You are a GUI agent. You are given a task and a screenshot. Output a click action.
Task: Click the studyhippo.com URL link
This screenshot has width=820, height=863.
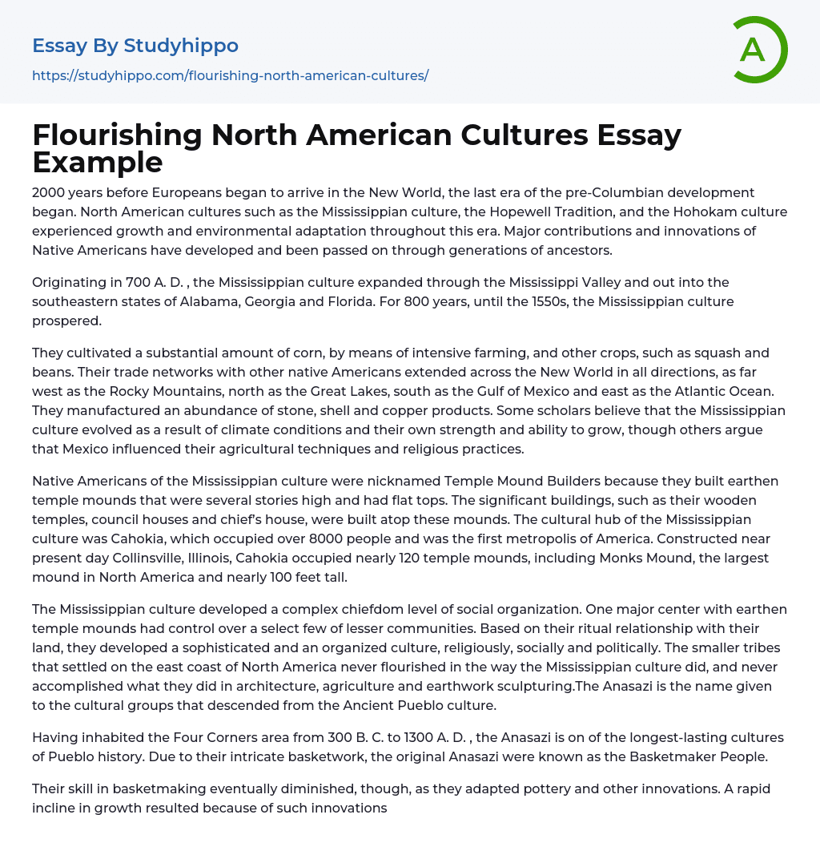230,75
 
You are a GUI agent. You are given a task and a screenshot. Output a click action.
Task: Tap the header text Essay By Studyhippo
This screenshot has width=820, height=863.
135,46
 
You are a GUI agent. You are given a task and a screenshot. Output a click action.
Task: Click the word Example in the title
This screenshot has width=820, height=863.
98,163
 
